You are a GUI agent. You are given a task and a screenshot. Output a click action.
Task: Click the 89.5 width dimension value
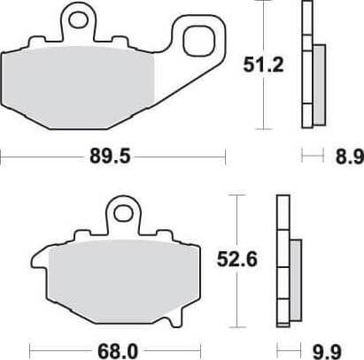110,156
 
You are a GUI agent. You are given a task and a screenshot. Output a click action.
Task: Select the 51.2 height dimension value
263,65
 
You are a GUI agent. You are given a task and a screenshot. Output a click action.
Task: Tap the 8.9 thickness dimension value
350,157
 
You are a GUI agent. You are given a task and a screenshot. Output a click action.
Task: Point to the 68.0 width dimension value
118,351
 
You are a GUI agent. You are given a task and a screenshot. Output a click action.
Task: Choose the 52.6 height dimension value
237,259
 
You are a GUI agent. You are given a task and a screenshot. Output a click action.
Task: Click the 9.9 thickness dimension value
327,351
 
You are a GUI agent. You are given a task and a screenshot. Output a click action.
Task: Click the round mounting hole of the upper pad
78,20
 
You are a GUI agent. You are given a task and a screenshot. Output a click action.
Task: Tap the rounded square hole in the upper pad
198,41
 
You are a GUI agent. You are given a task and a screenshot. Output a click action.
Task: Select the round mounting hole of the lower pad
123,214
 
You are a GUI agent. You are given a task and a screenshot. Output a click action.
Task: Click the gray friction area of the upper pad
79,88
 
